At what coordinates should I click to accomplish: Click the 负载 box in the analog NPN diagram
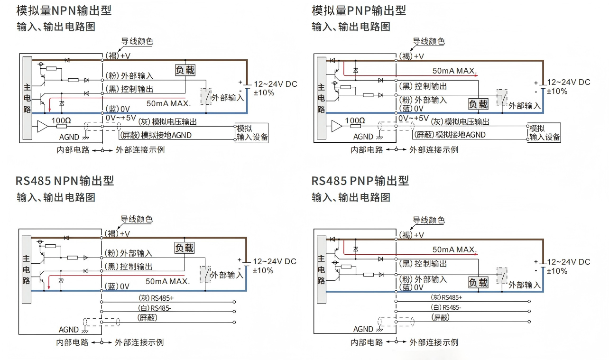click(185, 70)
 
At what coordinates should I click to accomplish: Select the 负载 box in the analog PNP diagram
click(478, 104)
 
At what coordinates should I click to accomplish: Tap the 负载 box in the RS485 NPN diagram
click(185, 248)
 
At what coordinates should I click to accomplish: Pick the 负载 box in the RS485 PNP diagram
click(478, 283)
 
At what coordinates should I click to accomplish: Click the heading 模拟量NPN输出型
click(64, 10)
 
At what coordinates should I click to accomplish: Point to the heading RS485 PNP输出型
click(360, 181)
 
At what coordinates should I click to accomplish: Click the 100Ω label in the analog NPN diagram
click(61, 120)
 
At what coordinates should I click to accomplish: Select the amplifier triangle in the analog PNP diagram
click(337, 126)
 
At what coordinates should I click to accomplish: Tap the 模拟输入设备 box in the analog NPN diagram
click(252, 133)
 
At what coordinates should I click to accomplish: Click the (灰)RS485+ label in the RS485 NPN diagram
click(156, 298)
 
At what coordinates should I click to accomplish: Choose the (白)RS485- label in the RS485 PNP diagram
click(446, 307)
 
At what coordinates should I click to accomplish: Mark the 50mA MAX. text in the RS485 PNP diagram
click(454, 249)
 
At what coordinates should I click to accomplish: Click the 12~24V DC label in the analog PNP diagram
click(569, 83)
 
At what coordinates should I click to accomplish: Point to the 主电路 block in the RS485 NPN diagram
click(27, 269)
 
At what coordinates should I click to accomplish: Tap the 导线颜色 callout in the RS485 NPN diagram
click(137, 219)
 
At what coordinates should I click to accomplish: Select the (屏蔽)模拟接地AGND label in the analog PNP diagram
click(450, 135)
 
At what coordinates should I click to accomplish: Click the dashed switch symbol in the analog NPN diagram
click(206, 97)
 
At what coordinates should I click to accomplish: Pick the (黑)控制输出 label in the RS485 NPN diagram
click(129, 267)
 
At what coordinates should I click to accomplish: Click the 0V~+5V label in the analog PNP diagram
click(414, 119)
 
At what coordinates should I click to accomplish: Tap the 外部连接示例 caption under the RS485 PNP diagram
click(434, 342)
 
